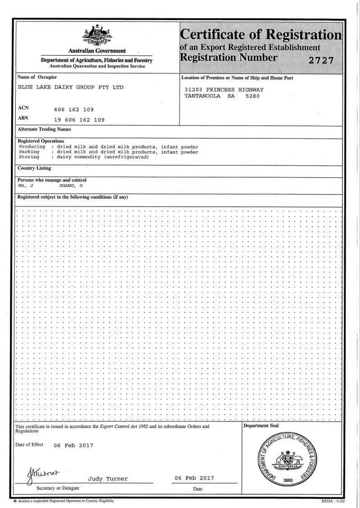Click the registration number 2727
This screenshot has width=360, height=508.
[x=321, y=60]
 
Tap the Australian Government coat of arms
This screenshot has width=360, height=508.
[x=96, y=36]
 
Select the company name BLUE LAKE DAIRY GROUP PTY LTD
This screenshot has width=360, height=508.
[x=70, y=87]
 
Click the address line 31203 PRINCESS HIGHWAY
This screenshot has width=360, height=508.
[x=224, y=90]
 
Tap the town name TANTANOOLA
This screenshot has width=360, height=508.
[x=203, y=95]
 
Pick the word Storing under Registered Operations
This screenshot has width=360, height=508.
[x=29, y=157]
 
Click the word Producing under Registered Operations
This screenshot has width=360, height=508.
[x=32, y=147]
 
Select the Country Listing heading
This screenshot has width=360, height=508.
[x=34, y=168]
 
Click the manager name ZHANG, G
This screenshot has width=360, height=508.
[x=71, y=185]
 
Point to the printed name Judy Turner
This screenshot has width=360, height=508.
[x=108, y=479]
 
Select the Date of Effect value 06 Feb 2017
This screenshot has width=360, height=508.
[x=73, y=445]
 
